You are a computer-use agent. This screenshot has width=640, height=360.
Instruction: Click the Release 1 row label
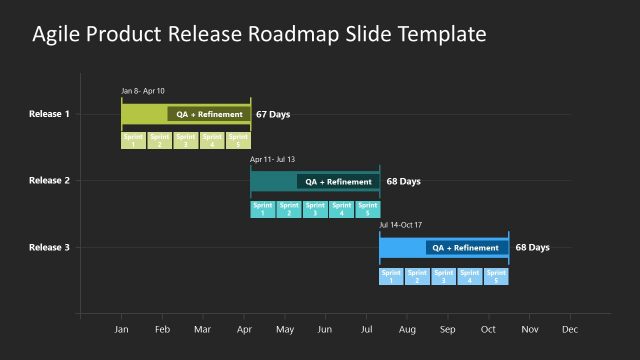(49, 114)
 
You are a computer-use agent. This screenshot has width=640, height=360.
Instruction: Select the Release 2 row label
(49, 181)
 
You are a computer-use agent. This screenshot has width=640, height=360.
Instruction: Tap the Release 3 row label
(49, 248)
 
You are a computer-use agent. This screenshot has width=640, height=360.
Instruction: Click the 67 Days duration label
(273, 115)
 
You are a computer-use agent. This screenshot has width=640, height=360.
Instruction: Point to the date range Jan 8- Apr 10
(143, 91)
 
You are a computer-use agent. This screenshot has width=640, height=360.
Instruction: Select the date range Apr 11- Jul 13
(272, 159)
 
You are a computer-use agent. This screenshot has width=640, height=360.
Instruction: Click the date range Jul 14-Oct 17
(401, 225)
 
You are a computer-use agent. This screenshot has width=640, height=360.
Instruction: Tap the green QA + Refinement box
(209, 114)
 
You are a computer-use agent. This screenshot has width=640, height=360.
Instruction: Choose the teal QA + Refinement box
(338, 182)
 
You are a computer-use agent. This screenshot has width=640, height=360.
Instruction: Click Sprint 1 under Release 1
(133, 140)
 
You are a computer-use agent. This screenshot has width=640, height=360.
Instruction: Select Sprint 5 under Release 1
(238, 140)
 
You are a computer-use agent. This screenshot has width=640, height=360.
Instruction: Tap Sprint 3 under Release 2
(315, 209)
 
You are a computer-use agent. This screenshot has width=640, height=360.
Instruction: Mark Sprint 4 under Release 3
(470, 276)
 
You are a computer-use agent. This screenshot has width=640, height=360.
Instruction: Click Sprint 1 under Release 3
(391, 276)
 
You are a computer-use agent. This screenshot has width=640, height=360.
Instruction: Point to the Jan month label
(122, 329)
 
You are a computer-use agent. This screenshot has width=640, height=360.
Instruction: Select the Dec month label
(570, 329)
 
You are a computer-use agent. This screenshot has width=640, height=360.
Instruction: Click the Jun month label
(325, 329)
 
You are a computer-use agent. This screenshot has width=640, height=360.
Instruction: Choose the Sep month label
(447, 329)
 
